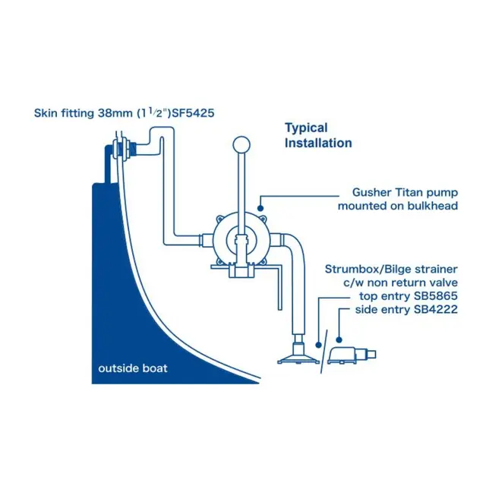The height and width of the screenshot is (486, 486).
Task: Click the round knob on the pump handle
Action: [241, 145]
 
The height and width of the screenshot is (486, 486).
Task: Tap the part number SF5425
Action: [193, 113]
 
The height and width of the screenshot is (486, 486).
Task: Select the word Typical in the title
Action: [306, 128]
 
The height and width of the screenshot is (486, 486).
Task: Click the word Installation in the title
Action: [318, 144]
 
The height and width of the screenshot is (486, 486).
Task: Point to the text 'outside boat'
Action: [133, 368]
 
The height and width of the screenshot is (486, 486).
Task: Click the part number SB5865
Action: [436, 296]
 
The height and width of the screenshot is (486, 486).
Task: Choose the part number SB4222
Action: [436, 309]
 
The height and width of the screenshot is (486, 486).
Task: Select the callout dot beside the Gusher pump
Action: [260, 208]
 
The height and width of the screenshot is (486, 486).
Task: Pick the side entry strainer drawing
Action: [352, 355]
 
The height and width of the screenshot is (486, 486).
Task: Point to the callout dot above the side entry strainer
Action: [339, 340]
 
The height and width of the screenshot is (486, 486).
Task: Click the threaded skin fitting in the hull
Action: [125, 149]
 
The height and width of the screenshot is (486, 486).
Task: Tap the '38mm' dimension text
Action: [115, 113]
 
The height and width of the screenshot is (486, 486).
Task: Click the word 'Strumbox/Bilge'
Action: [367, 270]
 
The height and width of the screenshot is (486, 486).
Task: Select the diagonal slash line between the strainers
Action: [323, 352]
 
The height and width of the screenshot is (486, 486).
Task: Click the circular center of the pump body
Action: [241, 240]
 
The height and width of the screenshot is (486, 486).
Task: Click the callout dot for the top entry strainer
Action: [318, 345]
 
